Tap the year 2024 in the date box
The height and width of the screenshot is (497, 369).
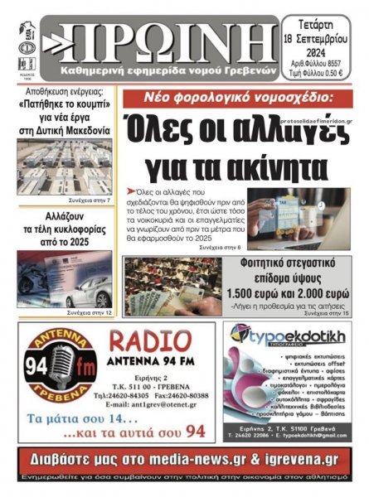click(324, 48)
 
